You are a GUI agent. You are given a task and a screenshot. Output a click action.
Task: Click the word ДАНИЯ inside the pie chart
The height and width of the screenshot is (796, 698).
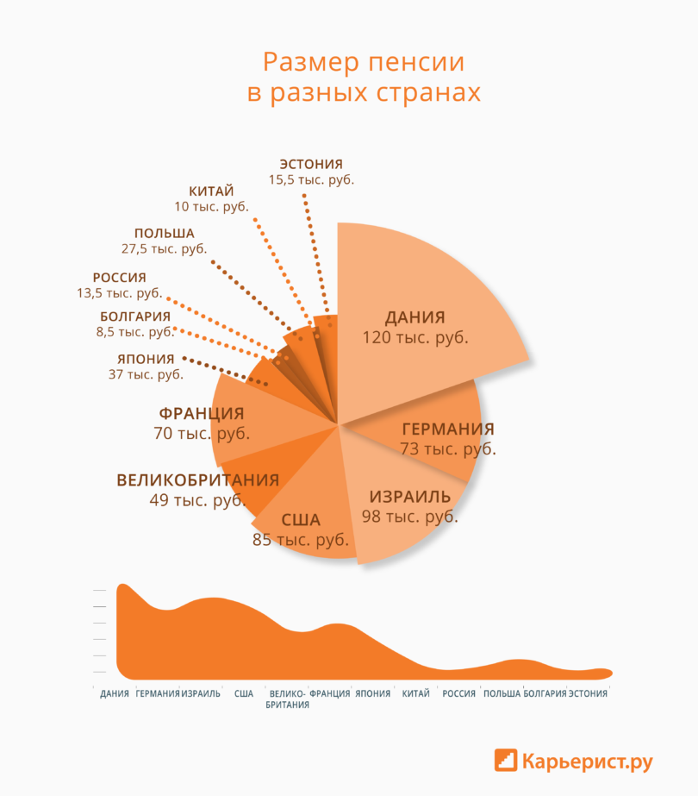[415, 317]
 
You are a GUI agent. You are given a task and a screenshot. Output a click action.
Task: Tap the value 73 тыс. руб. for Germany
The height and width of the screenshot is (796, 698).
[448, 449]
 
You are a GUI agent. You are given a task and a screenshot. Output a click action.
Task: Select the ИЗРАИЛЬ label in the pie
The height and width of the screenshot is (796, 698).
[410, 497]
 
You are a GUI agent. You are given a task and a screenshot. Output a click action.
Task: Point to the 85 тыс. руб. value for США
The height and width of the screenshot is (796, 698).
[301, 540]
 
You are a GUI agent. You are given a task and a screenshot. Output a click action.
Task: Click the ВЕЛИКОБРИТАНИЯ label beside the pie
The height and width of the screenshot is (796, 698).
[198, 480]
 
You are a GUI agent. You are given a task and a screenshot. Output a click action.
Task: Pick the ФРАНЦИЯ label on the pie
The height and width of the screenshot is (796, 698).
[202, 413]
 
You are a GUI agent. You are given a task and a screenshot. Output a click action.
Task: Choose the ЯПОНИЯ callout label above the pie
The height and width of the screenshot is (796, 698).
[146, 359]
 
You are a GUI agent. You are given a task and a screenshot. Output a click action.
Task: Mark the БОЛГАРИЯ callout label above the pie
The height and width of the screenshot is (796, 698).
[135, 317]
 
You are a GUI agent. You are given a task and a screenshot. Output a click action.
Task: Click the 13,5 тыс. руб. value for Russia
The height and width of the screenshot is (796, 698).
[119, 292]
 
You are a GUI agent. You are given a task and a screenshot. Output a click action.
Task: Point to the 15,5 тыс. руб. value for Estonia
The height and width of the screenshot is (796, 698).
[311, 179]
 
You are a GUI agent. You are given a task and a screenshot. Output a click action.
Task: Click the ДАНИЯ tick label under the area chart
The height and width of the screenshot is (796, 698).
[115, 693]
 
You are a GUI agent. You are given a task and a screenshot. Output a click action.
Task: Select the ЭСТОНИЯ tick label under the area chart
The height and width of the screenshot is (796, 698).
[588, 693]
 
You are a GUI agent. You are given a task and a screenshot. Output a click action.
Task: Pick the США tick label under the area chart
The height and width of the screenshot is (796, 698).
[244, 693]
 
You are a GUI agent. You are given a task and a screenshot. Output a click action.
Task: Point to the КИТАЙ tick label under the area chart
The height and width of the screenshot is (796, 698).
[415, 693]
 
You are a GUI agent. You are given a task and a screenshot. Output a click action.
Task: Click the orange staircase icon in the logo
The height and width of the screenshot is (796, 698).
[506, 761]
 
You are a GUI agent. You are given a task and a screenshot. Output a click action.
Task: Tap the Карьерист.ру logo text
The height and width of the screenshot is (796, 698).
[587, 762]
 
